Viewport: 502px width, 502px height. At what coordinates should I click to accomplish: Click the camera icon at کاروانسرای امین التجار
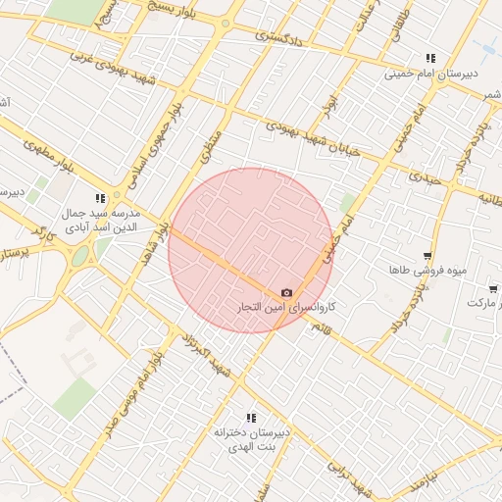click(x=286, y=293)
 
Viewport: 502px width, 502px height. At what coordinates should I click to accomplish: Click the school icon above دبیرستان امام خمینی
click(x=430, y=58)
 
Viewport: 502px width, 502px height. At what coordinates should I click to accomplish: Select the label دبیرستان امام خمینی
click(x=429, y=74)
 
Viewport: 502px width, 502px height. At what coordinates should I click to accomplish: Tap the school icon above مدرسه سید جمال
click(x=99, y=197)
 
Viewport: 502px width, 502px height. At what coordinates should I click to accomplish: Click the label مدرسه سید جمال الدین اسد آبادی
click(x=101, y=219)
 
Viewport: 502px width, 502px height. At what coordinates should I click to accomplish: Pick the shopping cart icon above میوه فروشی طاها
click(x=427, y=254)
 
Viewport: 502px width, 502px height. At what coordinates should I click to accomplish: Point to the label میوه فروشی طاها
click(x=420, y=269)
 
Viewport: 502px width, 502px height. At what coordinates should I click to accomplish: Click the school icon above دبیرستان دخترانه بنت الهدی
click(x=249, y=418)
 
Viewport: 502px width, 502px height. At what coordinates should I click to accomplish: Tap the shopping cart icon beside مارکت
click(x=492, y=289)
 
